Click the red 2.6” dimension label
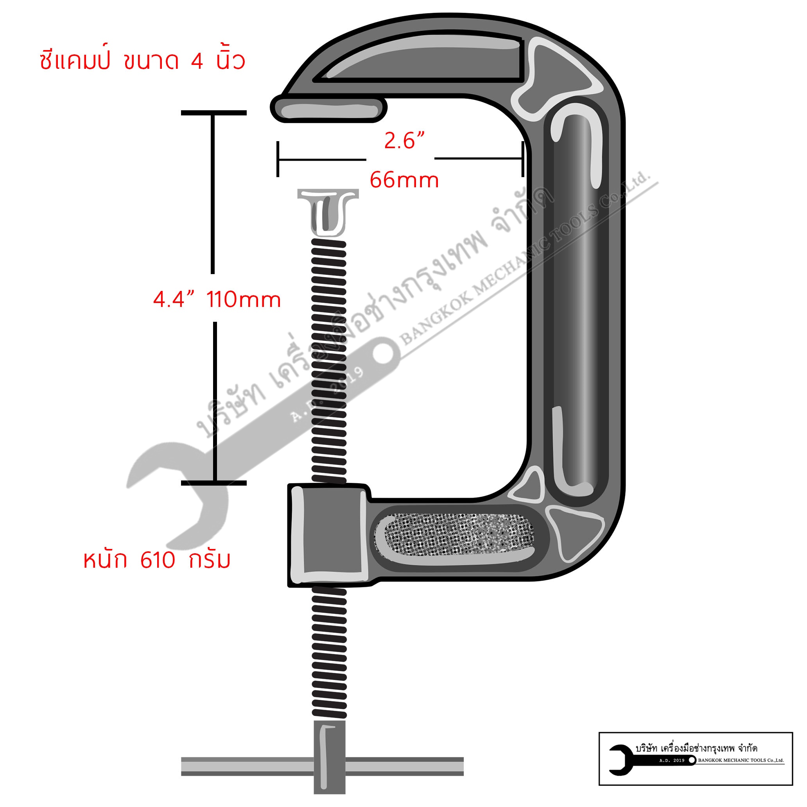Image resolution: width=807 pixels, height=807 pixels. click(404, 141)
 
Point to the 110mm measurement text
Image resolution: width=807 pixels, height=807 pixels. click(244, 299)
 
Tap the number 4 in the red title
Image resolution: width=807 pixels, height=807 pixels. click(197, 61)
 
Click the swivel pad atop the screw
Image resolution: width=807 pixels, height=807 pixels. click(328, 211)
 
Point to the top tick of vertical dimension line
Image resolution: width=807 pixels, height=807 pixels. click(213, 113)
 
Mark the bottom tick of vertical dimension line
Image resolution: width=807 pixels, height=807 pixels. click(213, 483)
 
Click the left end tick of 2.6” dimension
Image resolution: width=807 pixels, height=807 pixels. click(278, 159)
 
